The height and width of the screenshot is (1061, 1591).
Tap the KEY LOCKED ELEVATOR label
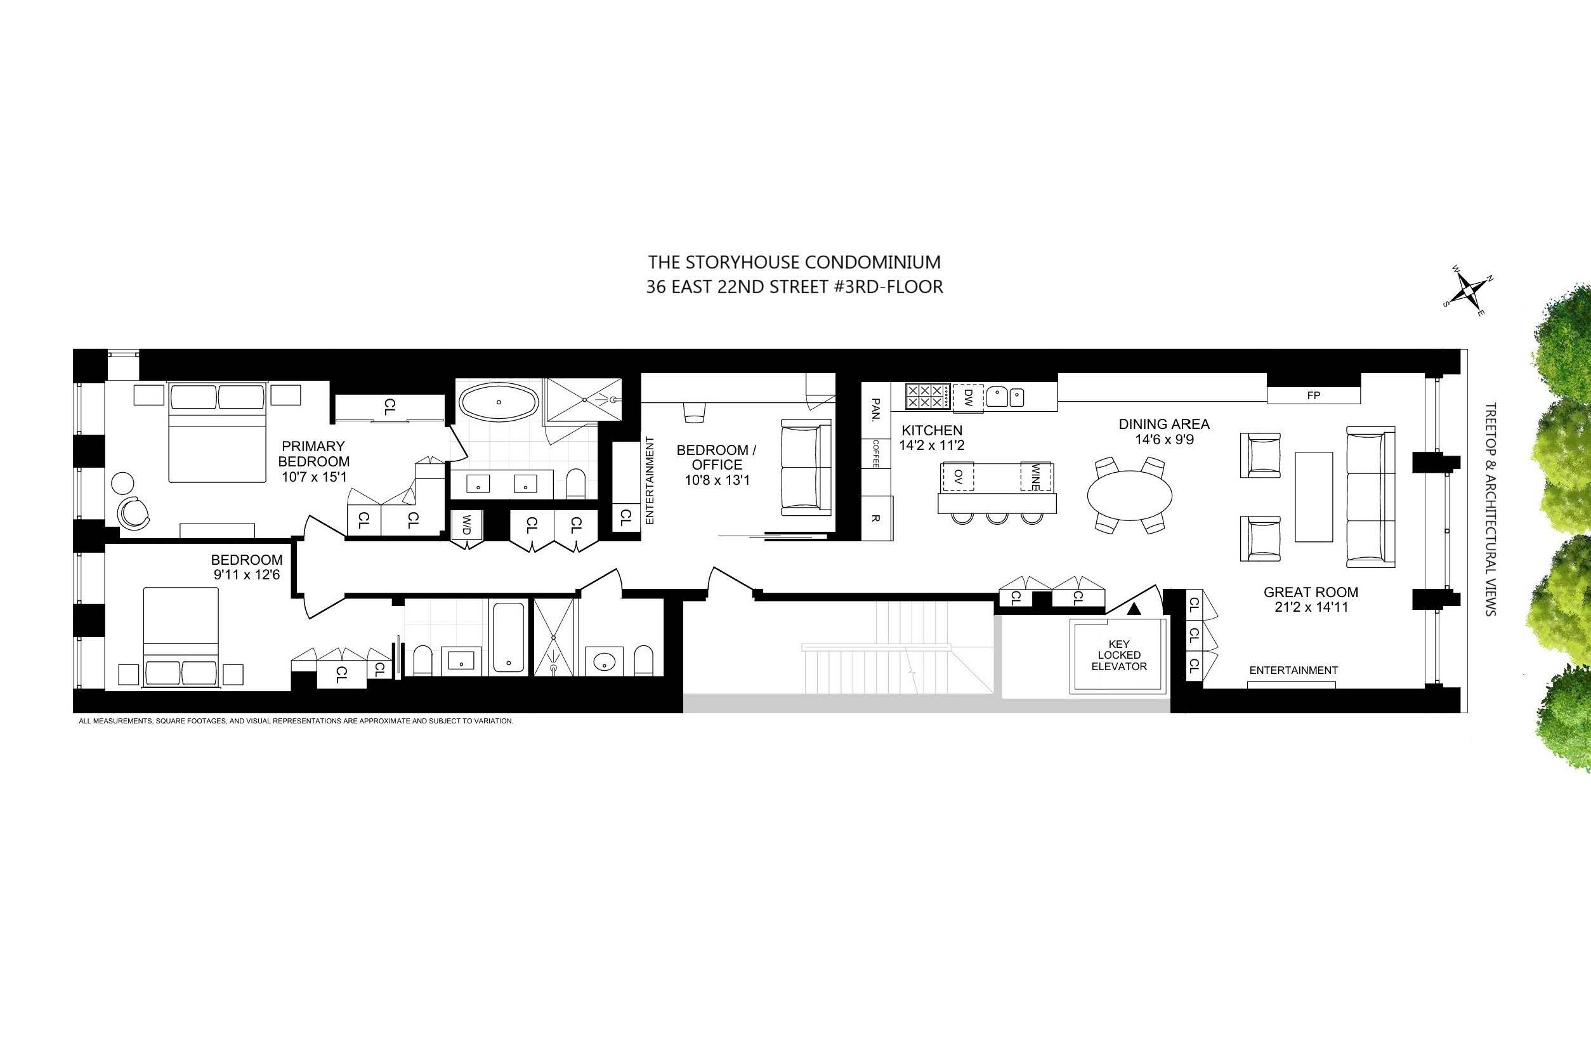pos(1119,655)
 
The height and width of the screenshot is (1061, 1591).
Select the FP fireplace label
pos(1314,395)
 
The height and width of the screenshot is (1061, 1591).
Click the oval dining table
pos(1129,496)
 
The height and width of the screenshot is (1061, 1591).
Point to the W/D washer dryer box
pos(466,524)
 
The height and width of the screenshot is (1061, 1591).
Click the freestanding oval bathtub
pos(499,402)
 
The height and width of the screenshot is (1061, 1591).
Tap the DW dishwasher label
pos(967,396)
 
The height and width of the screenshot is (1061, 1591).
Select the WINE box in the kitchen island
pos(1037,477)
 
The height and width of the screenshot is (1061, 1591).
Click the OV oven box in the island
pos(957,477)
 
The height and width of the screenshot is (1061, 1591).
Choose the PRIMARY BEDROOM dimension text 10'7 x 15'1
pos(314,477)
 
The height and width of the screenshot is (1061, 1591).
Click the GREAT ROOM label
pos(1310,592)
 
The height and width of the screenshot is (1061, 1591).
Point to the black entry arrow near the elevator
pos(1134,609)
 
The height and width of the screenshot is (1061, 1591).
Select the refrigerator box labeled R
pos(875,518)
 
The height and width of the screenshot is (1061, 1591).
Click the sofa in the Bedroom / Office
pos(806,467)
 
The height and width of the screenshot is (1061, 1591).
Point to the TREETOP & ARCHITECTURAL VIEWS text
pos(1490,509)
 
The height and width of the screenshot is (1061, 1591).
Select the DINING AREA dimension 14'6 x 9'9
pos(1163,439)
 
